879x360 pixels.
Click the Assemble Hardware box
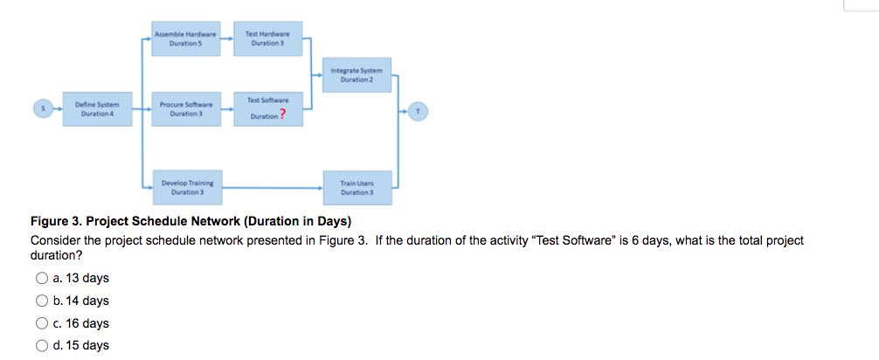click(186, 39)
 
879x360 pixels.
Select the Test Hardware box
click(267, 39)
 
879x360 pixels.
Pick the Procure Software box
click(186, 110)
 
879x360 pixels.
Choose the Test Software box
click(267, 110)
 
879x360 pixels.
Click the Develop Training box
click(186, 187)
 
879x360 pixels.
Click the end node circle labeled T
click(420, 110)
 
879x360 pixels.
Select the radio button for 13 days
click(41, 279)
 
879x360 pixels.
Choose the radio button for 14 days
click(41, 301)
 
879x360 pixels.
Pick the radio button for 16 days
click(41, 323)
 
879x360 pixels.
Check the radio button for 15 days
click(41, 345)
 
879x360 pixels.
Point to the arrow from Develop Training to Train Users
click(271, 187)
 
